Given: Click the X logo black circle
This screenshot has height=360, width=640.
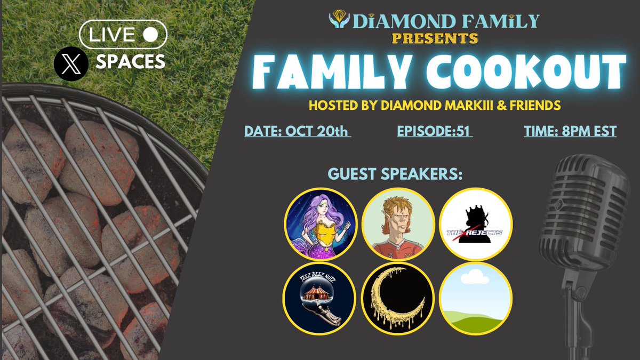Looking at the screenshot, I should [71, 63].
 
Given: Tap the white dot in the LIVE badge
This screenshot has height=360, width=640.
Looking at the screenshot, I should [151, 35].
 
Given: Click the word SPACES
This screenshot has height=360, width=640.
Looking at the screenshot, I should [130, 62].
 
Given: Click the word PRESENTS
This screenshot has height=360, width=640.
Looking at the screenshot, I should [435, 38].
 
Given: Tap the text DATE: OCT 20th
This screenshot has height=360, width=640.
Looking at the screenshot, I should [298, 131].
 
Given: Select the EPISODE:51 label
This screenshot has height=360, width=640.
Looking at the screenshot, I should [435, 131].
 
